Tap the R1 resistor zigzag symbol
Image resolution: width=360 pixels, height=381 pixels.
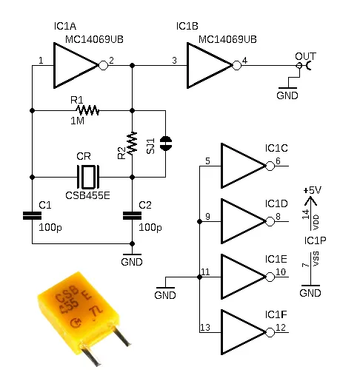87,110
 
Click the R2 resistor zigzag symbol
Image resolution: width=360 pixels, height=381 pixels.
133,142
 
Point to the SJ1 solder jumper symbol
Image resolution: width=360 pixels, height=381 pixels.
166,144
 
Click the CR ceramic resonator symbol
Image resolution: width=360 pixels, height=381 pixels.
88,177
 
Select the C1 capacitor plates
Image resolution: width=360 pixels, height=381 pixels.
32,215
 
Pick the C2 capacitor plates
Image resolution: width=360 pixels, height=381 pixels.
133,215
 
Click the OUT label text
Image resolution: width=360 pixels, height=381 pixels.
305,56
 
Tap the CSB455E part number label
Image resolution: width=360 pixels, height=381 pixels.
87,195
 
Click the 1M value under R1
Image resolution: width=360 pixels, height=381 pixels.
77,121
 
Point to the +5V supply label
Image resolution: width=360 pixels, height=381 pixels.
312,190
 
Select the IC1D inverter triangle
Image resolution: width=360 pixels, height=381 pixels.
243,221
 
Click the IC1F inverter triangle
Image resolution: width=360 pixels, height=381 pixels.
243,332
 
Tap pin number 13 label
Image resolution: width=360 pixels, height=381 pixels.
205,328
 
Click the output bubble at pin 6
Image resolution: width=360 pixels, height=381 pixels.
270,166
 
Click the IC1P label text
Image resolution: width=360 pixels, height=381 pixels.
315,240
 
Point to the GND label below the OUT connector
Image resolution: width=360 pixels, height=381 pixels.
287,95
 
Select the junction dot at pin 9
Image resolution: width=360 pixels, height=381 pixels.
199,222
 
